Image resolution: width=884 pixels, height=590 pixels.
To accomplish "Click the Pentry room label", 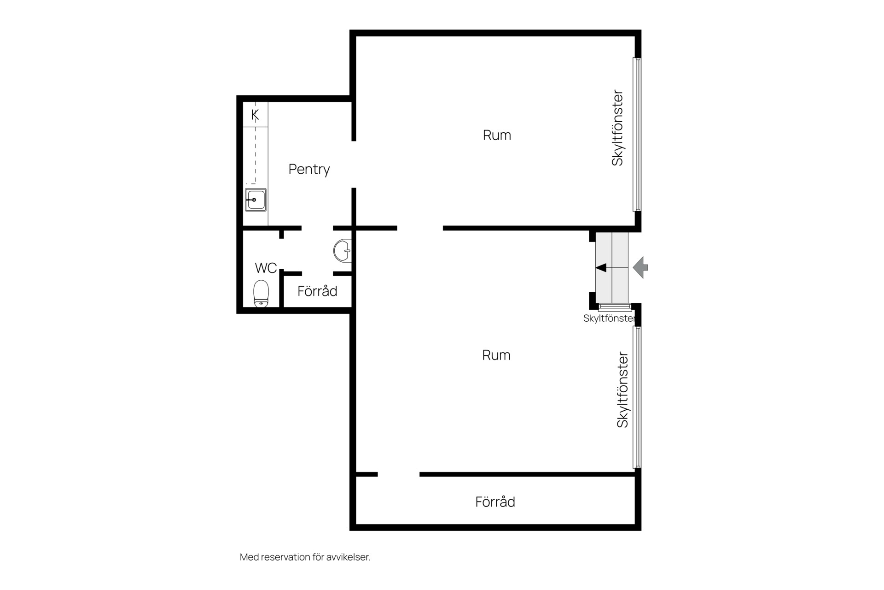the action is click(x=309, y=170).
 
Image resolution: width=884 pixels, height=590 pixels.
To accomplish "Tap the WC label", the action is click(x=266, y=268).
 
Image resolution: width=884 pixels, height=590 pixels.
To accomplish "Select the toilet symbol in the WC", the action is click(x=261, y=294).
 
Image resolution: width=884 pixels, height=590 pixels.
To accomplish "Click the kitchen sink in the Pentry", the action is click(x=256, y=200).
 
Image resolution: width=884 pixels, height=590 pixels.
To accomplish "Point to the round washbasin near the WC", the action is click(x=342, y=251).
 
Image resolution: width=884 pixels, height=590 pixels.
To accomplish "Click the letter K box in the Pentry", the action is click(x=256, y=114).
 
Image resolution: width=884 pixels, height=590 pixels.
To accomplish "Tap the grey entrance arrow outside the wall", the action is click(x=640, y=267).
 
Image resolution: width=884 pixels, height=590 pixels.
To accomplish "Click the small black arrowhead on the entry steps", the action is click(x=601, y=267).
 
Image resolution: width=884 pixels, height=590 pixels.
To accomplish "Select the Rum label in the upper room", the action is click(x=497, y=135).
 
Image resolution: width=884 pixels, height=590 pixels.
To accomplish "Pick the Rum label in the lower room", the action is click(x=496, y=355).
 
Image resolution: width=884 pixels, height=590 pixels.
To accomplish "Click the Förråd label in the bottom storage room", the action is click(x=495, y=501).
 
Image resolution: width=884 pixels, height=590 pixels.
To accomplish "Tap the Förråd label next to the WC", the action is click(x=317, y=291).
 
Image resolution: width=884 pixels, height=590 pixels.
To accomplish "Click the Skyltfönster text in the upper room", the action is click(x=617, y=128).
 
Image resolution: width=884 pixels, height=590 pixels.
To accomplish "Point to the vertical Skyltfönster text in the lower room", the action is click(x=622, y=390).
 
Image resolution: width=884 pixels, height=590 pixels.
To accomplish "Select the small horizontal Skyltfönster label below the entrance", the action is click(x=609, y=319).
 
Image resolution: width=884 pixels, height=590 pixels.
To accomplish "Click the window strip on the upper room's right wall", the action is click(x=637, y=134).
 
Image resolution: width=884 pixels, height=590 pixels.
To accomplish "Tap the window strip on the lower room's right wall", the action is click(x=637, y=397).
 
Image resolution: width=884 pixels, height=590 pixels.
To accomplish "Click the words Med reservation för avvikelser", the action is click(x=305, y=557).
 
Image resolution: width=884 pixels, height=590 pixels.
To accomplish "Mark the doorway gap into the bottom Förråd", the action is click(x=399, y=474).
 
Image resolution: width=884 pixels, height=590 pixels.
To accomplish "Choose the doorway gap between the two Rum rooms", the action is click(x=420, y=228).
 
